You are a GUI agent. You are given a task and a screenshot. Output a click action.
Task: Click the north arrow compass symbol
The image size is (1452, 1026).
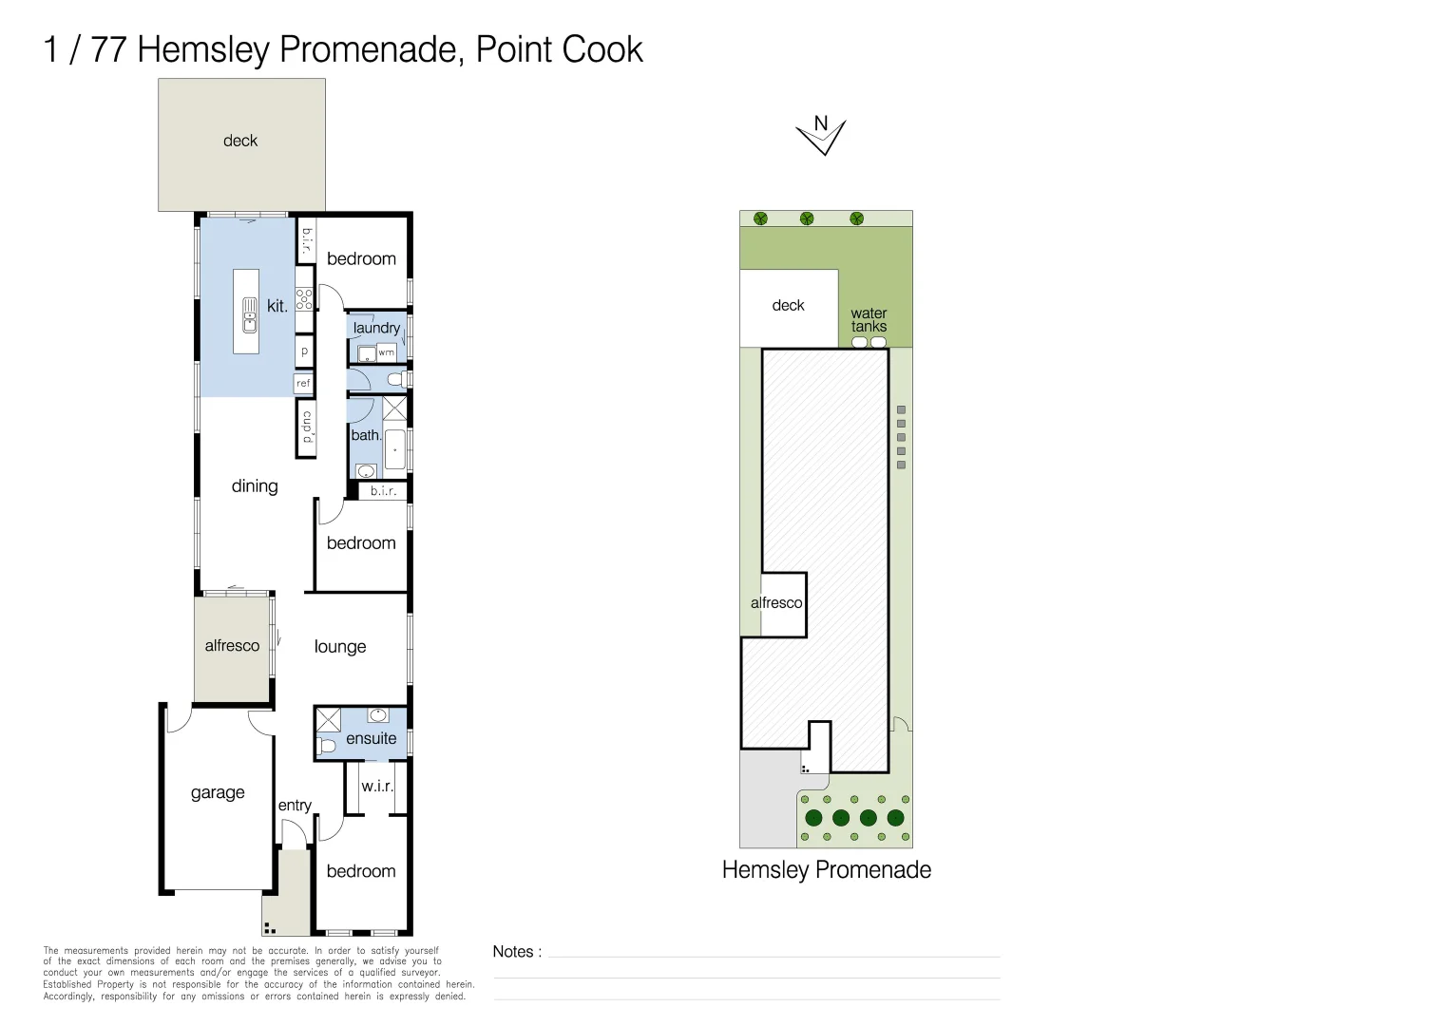click(821, 136)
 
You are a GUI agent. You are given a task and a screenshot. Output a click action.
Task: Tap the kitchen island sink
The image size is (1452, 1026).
click(250, 315)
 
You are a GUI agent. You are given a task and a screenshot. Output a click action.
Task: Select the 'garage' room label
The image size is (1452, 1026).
click(218, 792)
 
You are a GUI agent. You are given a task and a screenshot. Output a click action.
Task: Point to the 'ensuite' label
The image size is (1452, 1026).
click(371, 738)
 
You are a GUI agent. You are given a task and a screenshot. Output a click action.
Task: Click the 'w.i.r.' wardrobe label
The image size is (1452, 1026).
click(377, 787)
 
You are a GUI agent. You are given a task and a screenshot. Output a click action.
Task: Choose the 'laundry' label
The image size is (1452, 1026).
click(376, 328)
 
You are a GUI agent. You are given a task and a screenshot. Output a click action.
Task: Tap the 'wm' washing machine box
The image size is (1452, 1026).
click(387, 352)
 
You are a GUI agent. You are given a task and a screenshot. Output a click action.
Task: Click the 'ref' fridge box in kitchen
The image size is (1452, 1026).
click(303, 383)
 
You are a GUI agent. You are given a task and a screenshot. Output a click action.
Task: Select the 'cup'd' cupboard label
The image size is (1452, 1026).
click(307, 427)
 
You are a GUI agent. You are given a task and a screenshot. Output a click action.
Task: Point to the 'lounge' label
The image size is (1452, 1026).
click(339, 647)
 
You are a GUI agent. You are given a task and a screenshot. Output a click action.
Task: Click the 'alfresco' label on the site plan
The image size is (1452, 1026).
click(776, 602)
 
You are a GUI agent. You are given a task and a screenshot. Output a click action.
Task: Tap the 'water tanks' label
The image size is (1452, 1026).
click(869, 320)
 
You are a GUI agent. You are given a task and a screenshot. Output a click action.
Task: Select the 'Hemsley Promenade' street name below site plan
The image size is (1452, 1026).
click(827, 870)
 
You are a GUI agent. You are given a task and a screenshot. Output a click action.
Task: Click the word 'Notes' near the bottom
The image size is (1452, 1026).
click(513, 952)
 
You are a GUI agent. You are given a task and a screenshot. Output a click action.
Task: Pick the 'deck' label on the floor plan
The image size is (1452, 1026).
click(239, 141)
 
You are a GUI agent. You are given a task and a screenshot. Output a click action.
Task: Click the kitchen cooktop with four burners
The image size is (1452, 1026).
click(305, 299)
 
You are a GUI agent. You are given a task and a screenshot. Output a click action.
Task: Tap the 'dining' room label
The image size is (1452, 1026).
click(255, 486)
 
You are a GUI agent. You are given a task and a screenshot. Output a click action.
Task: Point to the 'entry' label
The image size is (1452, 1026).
click(295, 806)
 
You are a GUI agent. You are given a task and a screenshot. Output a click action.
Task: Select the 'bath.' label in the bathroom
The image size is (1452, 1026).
click(366, 435)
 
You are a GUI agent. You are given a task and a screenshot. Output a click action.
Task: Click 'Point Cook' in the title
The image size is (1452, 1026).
click(560, 49)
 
